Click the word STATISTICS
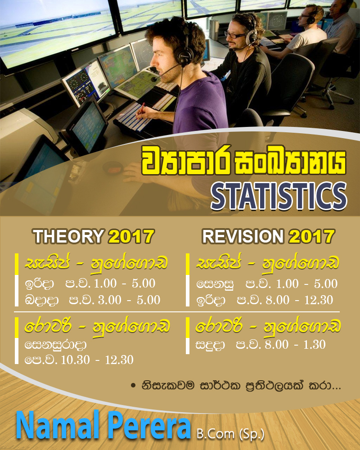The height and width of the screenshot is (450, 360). point(279,196)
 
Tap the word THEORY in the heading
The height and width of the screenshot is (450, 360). point(68,237)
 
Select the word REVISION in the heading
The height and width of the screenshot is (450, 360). point(243,237)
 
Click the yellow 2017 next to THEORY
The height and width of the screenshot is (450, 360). point(131,237)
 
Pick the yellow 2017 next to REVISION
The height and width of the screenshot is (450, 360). point(312,237)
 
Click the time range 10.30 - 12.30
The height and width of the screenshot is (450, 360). point(97,360)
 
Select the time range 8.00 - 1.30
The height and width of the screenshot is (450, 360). point(295,344)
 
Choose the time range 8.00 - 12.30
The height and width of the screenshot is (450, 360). point(299,300)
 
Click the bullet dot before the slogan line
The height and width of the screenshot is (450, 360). point(133,386)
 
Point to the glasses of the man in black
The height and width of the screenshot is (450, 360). point(235,35)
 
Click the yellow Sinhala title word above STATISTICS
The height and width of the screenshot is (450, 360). point(244,161)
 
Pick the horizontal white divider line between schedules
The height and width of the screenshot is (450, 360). point(177,312)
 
